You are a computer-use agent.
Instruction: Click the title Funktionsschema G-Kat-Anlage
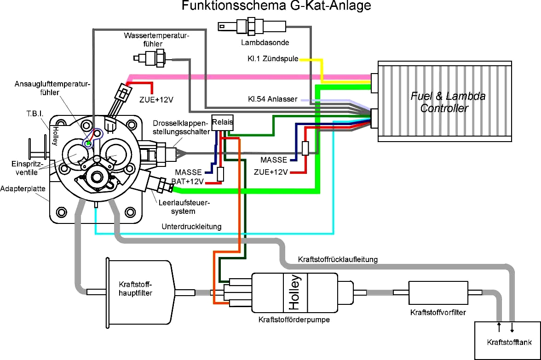click(x=276, y=6)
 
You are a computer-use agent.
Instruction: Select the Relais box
click(x=222, y=122)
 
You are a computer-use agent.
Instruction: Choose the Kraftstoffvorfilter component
click(x=437, y=292)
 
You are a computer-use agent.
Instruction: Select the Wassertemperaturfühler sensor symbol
click(x=152, y=58)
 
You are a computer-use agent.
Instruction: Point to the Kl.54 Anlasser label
click(x=272, y=99)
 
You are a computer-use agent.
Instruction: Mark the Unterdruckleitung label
click(x=191, y=227)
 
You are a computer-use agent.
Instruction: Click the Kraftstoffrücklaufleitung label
click(x=338, y=259)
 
